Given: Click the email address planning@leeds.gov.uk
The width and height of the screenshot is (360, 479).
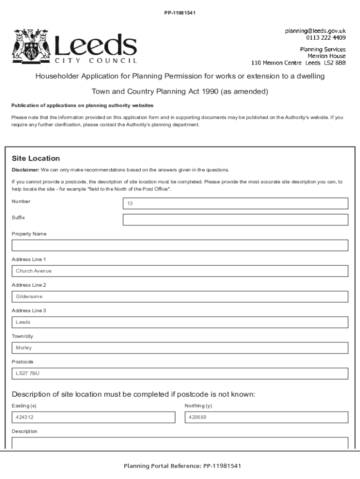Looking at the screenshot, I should pyautogui.click(x=316, y=31).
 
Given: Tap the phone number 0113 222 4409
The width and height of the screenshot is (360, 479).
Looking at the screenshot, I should pyautogui.click(x=326, y=37).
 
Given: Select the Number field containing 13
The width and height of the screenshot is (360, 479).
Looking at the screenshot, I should pyautogui.click(x=235, y=203).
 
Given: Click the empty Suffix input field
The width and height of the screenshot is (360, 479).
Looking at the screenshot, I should pyautogui.click(x=235, y=220).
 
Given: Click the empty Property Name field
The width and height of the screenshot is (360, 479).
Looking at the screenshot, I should pyautogui.click(x=180, y=246).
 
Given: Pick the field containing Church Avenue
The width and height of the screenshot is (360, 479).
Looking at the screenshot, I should pyautogui.click(x=180, y=271).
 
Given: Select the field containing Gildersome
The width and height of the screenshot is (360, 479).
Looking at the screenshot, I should pyautogui.click(x=180, y=297).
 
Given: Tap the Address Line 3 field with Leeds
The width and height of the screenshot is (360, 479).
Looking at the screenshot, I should pyautogui.click(x=180, y=322).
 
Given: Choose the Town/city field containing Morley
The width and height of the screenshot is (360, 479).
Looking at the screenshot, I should pyautogui.click(x=180, y=348).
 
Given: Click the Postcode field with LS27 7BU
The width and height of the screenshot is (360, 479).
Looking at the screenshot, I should pyautogui.click(x=180, y=373).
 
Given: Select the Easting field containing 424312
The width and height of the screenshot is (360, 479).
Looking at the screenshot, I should pyautogui.click(x=93, y=417).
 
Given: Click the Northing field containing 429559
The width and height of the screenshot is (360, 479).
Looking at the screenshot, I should pyautogui.click(x=266, y=417).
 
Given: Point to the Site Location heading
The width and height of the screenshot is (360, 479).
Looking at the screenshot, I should pyautogui.click(x=36, y=159).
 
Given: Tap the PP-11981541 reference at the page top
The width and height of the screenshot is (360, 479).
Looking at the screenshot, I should pyautogui.click(x=180, y=13).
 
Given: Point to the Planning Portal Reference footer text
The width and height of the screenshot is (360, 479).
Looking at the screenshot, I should pyautogui.click(x=182, y=466).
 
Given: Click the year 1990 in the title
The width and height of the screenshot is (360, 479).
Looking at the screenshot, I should pyautogui.click(x=210, y=91).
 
